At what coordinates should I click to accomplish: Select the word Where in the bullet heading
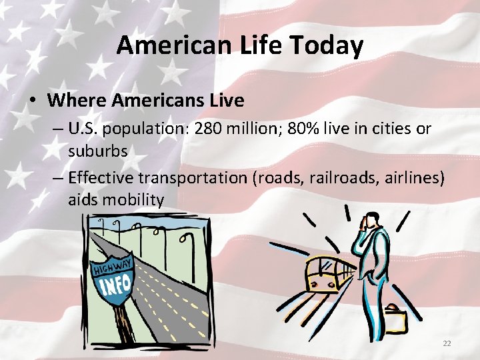(77, 101)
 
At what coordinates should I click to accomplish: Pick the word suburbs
(97, 150)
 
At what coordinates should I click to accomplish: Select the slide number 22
(447, 343)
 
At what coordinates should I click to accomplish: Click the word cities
(389, 128)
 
